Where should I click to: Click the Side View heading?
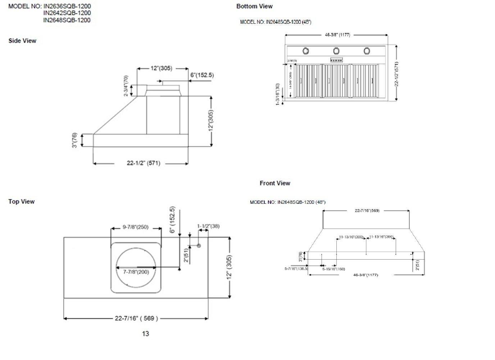coord(22,41)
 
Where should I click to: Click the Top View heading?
coord(22,202)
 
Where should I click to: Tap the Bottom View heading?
coord(254,6)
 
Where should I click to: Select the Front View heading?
coord(275,183)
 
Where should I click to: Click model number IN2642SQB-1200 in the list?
coord(67,13)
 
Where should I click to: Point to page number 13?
coord(145,334)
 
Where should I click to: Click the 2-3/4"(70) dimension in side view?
coord(126,86)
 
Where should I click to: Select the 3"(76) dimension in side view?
coord(74,140)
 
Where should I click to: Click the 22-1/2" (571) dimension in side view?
coord(143,163)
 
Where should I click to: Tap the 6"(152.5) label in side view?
coord(202,75)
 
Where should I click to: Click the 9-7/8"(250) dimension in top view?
coord(135,227)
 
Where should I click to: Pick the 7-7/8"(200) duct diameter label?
coord(136,272)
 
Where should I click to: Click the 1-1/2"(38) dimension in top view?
coord(208,226)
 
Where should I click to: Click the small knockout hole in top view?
coord(198,246)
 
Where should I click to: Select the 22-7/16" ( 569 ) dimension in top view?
coord(136,318)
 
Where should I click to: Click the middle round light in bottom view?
coord(336,51)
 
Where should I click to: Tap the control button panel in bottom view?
coord(336,60)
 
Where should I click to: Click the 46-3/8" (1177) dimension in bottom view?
coord(337,35)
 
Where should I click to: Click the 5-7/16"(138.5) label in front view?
coord(296,269)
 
